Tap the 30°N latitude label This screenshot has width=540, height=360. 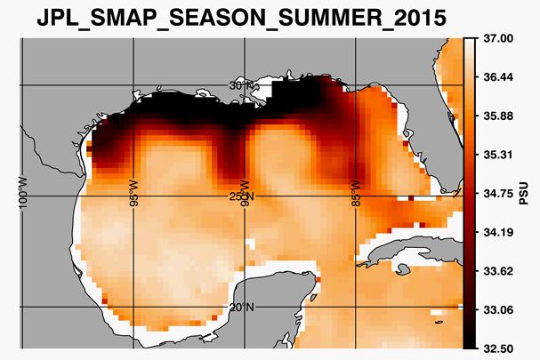(242, 85)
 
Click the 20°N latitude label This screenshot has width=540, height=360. (242, 308)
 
